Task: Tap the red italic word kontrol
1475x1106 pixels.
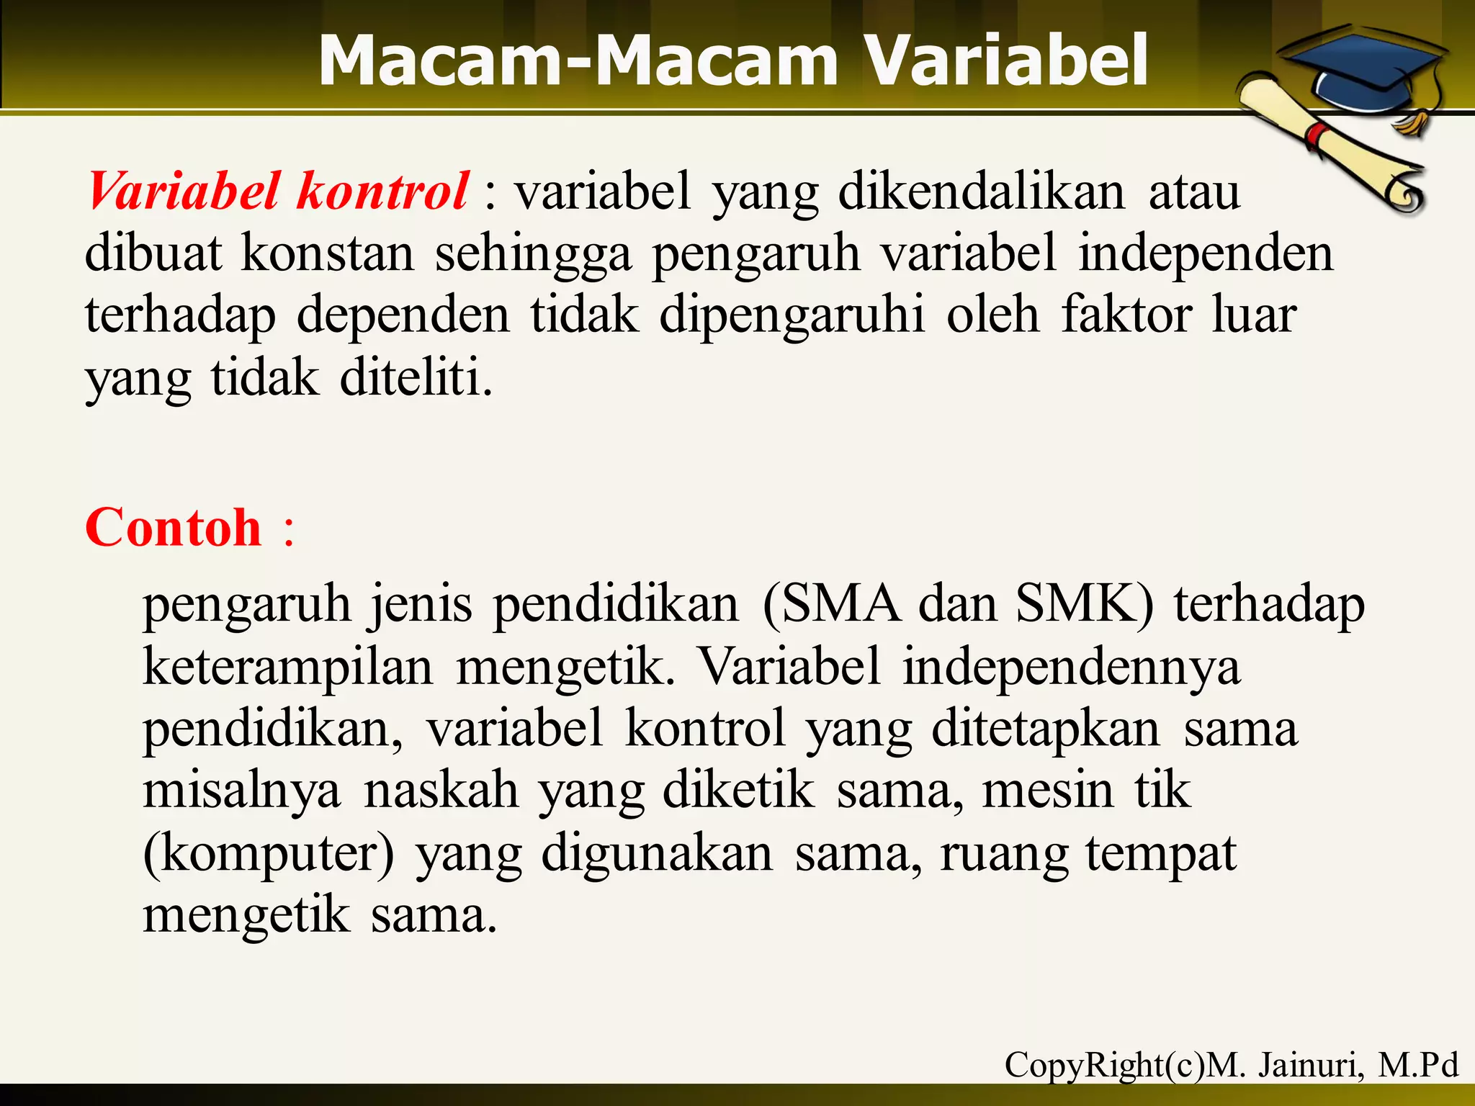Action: [x=382, y=192]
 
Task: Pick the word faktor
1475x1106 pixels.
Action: [x=1126, y=315]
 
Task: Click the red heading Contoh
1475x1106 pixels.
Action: [x=174, y=527]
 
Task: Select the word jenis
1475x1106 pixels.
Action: [x=421, y=605]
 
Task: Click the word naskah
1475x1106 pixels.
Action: [x=441, y=791]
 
